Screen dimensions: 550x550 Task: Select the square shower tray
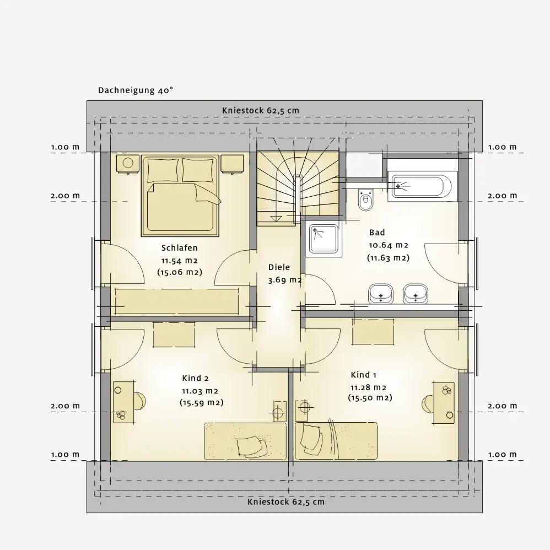click(x=323, y=239)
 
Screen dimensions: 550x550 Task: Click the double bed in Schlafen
click(x=180, y=196)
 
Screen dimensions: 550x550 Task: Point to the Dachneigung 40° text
click(x=136, y=90)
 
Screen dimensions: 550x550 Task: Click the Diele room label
click(x=279, y=267)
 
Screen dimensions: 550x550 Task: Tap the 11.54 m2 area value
click(x=179, y=261)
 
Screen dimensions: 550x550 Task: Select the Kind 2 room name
click(x=196, y=378)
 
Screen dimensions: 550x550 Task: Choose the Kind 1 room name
click(x=363, y=375)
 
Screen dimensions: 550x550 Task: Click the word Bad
click(x=377, y=232)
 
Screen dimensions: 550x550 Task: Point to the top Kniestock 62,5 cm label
click(x=261, y=110)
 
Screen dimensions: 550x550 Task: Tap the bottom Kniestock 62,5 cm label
click(x=286, y=502)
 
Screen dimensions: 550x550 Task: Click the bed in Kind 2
click(x=246, y=441)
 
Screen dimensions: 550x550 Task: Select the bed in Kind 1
click(x=336, y=441)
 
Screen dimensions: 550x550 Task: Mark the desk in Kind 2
click(x=123, y=402)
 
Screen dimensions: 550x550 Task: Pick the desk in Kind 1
click(x=444, y=403)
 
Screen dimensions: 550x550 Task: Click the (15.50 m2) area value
click(x=370, y=398)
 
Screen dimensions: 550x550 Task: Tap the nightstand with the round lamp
click(x=128, y=164)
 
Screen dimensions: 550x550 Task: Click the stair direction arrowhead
click(x=277, y=219)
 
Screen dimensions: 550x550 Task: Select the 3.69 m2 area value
click(x=285, y=281)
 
